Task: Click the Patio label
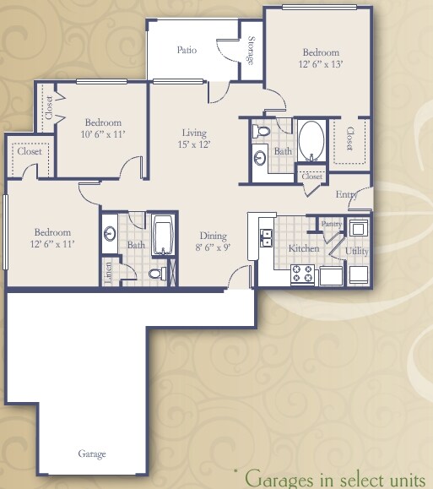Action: pos(187,50)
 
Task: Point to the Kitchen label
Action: pos(302,248)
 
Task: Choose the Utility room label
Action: pos(356,252)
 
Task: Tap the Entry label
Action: pos(346,194)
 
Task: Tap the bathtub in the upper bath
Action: pos(311,140)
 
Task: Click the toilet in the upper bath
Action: pos(262,132)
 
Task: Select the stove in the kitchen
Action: pos(301,274)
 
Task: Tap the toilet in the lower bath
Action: pos(154,274)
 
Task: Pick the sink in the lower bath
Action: pos(111,233)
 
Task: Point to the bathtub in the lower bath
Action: pos(163,236)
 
